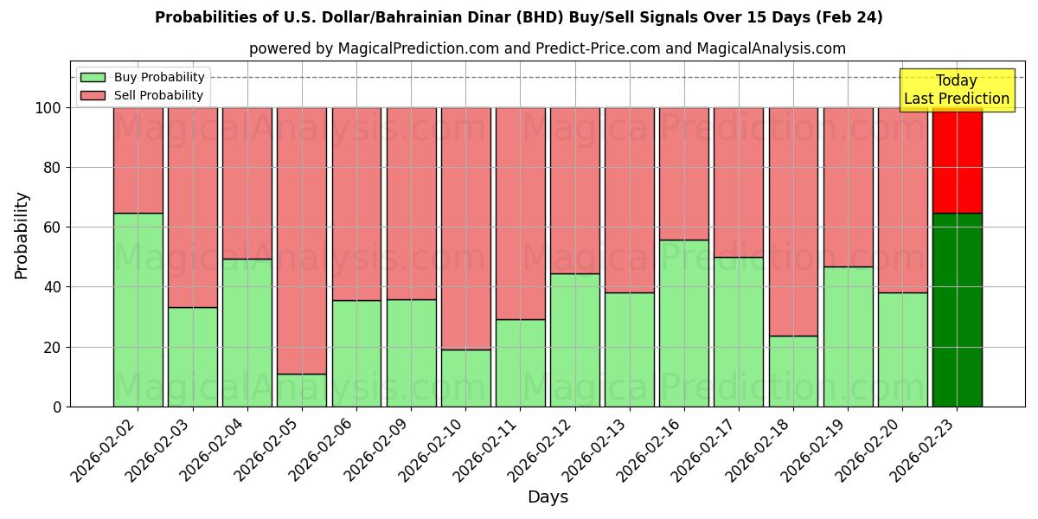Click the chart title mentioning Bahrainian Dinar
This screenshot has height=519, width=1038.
click(519, 17)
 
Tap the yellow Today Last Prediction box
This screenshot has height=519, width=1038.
click(956, 90)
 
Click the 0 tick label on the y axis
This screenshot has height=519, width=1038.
click(57, 407)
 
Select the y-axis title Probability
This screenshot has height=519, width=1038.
click(22, 235)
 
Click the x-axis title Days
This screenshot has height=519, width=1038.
click(548, 497)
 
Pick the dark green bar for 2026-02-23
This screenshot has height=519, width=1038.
click(957, 310)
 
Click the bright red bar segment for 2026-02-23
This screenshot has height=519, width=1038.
click(957, 160)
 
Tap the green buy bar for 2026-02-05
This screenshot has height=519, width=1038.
click(302, 390)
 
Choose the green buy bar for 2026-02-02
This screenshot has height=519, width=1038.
click(138, 310)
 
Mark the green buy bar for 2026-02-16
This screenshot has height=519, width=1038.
click(684, 323)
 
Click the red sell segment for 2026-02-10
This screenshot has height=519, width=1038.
click(466, 228)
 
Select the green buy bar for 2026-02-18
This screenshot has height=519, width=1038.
click(793, 371)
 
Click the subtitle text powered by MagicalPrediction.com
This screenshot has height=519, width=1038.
click(548, 48)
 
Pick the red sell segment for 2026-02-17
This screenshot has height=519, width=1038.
click(739, 182)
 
